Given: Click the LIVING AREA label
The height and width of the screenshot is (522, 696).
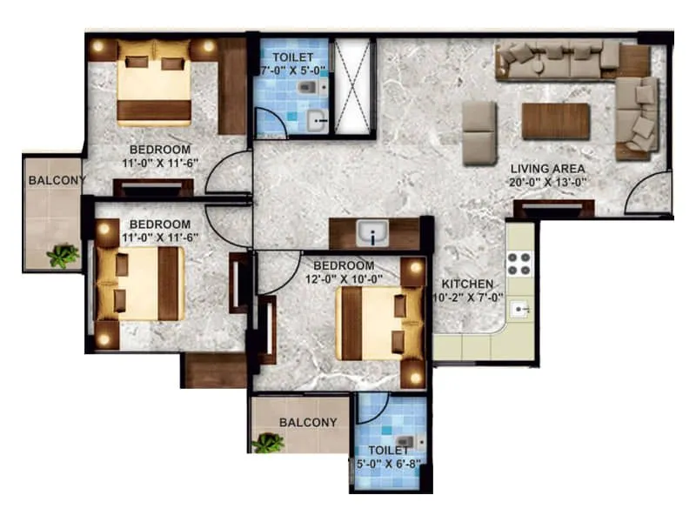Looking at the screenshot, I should click(x=547, y=168).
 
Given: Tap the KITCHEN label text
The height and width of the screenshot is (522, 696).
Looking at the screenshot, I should click(x=467, y=284).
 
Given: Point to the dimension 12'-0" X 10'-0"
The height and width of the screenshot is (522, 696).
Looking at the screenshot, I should click(x=343, y=279).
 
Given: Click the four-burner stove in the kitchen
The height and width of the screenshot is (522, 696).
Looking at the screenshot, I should click(x=519, y=262).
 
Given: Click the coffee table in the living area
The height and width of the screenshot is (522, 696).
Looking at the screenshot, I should click(x=556, y=121).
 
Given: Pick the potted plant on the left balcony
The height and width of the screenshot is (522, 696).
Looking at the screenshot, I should click(x=63, y=256).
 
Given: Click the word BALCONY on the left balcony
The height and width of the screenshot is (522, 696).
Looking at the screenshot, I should click(x=57, y=181).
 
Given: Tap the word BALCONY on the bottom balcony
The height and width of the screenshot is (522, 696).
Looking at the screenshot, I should click(x=308, y=423).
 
